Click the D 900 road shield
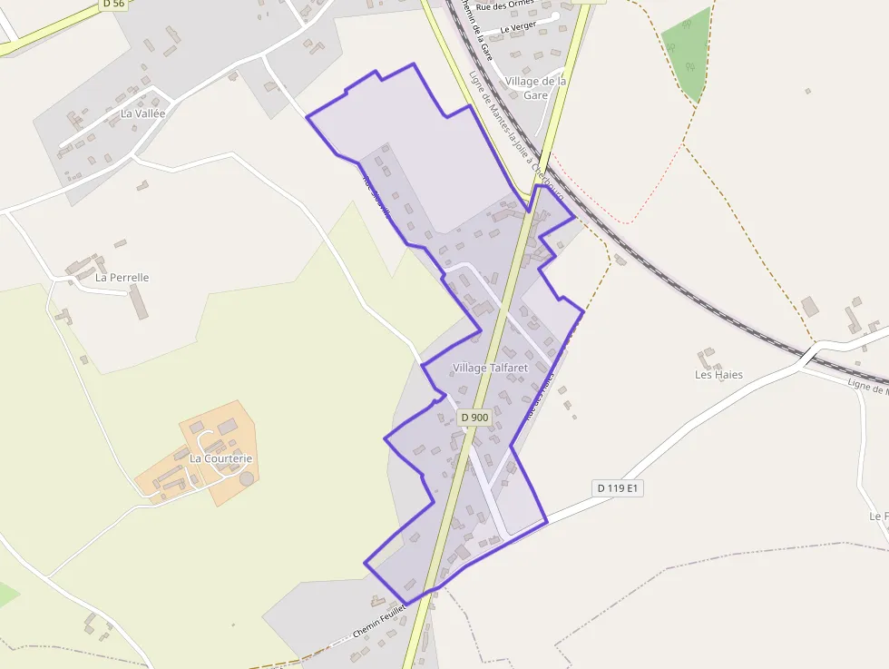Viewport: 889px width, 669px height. tap(474, 417)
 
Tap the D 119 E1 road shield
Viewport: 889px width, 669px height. tap(618, 488)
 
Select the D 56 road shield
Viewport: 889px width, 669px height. tap(113, 4)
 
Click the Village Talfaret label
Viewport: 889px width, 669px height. tap(490, 368)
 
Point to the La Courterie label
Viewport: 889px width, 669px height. tap(220, 458)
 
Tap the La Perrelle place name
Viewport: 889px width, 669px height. tap(122, 277)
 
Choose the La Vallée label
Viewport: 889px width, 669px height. tap(143, 113)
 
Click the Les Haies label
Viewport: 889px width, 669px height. tap(718, 374)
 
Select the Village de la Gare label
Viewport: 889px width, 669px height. tap(536, 87)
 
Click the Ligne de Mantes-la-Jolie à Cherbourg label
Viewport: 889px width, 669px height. tap(514, 136)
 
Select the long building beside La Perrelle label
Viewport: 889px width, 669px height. tap(138, 301)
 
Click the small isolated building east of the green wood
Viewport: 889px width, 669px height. tap(807, 91)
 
